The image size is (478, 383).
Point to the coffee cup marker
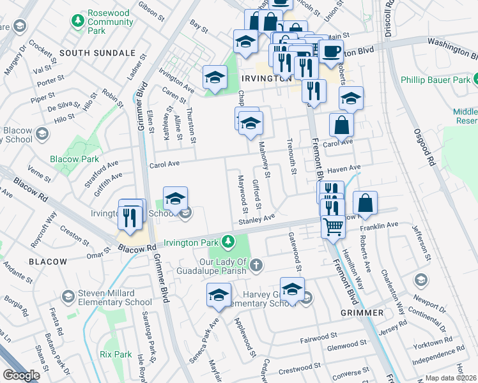[x=330, y=52]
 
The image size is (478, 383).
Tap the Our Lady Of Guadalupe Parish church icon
[x=256, y=264]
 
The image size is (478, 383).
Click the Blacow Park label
[x=75, y=159]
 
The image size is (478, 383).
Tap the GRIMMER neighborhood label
[x=362, y=313]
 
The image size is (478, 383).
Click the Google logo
[x=22, y=375]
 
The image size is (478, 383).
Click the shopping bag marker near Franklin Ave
[x=365, y=204]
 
